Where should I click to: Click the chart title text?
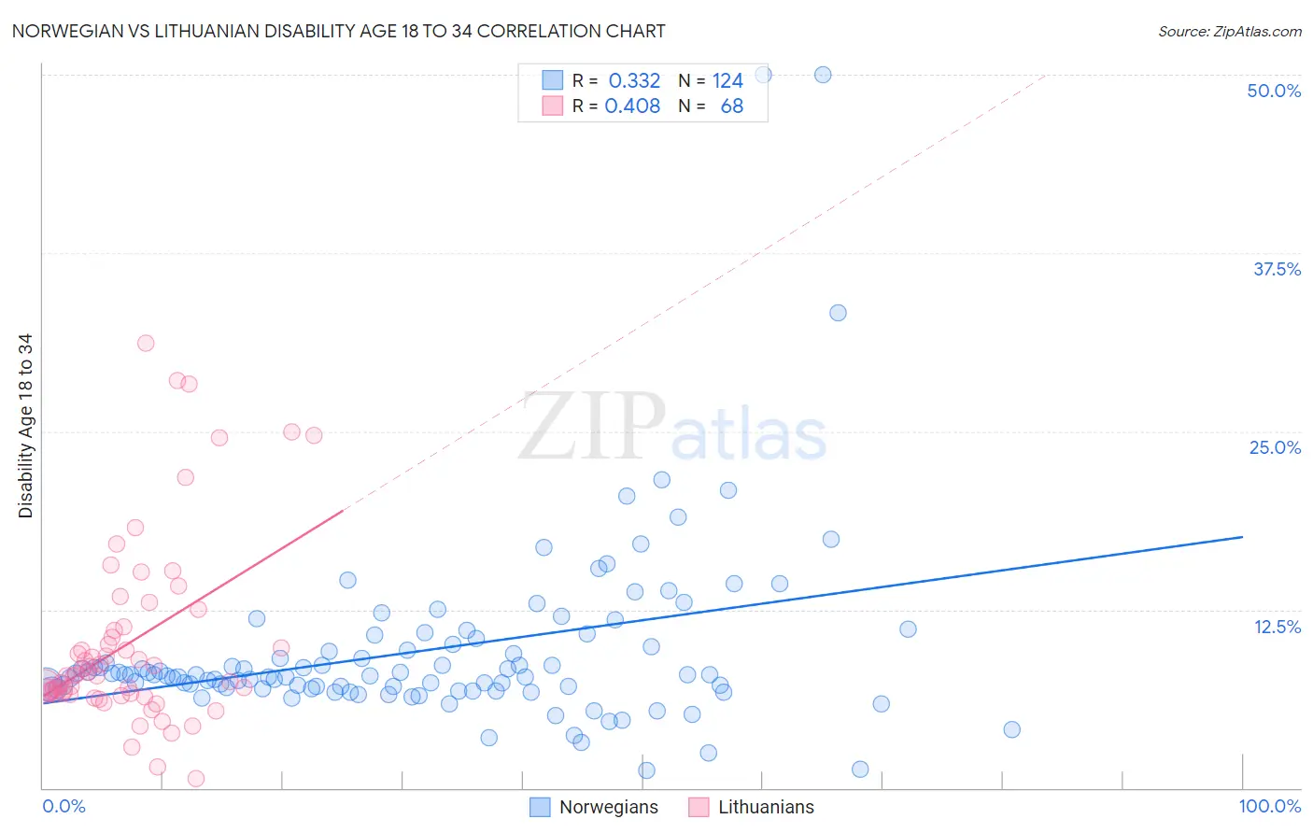pos(338,31)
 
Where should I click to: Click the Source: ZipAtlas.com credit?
pos(1229,31)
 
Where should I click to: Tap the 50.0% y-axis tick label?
pos(1274,91)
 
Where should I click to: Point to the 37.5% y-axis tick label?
pos(1277,269)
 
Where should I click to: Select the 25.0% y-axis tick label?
pos(1275,447)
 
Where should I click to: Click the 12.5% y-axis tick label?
pos(1277,627)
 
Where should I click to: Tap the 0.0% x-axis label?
pos(64,806)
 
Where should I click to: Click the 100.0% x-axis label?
pos(1269,806)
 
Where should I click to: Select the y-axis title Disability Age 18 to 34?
pos(25,426)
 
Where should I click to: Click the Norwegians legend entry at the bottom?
pos(608,807)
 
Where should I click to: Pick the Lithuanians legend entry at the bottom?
pos(766,807)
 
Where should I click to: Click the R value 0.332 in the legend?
pos(634,81)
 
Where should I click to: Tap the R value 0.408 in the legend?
pos(632,106)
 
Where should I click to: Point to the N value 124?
pos(727,81)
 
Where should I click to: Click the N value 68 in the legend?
pos(732,106)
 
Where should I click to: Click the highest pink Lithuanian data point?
pos(146,343)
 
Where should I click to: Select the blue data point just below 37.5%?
pos(838,313)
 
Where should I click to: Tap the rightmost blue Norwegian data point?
pos(1011,729)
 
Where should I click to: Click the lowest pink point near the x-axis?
pos(196,778)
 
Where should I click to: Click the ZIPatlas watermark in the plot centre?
pos(672,429)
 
